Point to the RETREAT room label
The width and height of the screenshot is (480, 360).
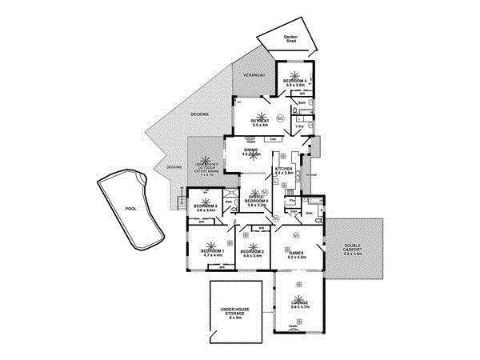258,121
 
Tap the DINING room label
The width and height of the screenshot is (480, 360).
250,150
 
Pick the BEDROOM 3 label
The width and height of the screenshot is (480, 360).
206,206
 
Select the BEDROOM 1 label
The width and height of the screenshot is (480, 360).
212,251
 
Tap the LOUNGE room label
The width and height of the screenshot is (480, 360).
298,302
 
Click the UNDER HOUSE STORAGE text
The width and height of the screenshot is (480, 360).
236,312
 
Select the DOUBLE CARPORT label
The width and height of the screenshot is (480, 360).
353,249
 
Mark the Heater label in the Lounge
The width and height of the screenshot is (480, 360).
293,326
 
